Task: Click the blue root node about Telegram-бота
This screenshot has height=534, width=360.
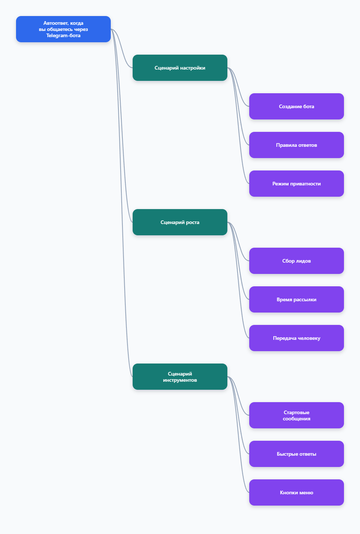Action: click(x=63, y=29)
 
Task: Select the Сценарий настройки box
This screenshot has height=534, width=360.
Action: click(x=180, y=68)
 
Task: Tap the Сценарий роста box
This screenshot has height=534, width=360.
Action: click(x=180, y=222)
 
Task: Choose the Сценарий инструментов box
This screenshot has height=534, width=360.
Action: click(x=180, y=377)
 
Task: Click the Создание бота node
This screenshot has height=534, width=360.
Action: click(x=296, y=106)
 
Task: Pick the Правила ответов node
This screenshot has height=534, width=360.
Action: click(x=296, y=145)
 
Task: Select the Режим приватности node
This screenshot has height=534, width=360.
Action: click(x=296, y=184)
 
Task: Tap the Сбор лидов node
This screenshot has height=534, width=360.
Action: click(x=296, y=261)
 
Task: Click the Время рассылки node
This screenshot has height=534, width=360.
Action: click(x=296, y=299)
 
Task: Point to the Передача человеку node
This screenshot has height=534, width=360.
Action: click(x=296, y=338)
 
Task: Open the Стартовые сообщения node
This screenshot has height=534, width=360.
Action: click(x=296, y=415)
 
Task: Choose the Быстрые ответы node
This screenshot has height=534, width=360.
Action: click(x=296, y=454)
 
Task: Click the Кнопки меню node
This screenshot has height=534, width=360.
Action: click(x=296, y=492)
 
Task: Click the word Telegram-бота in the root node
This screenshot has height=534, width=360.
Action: click(x=63, y=36)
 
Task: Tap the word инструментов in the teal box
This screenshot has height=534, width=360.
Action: click(x=180, y=380)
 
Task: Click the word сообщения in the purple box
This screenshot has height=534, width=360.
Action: click(x=296, y=419)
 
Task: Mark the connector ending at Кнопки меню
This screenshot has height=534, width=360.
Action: click(x=238, y=435)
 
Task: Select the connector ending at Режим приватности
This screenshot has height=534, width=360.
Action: click(x=238, y=126)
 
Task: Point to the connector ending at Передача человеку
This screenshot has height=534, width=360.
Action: click(x=238, y=280)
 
